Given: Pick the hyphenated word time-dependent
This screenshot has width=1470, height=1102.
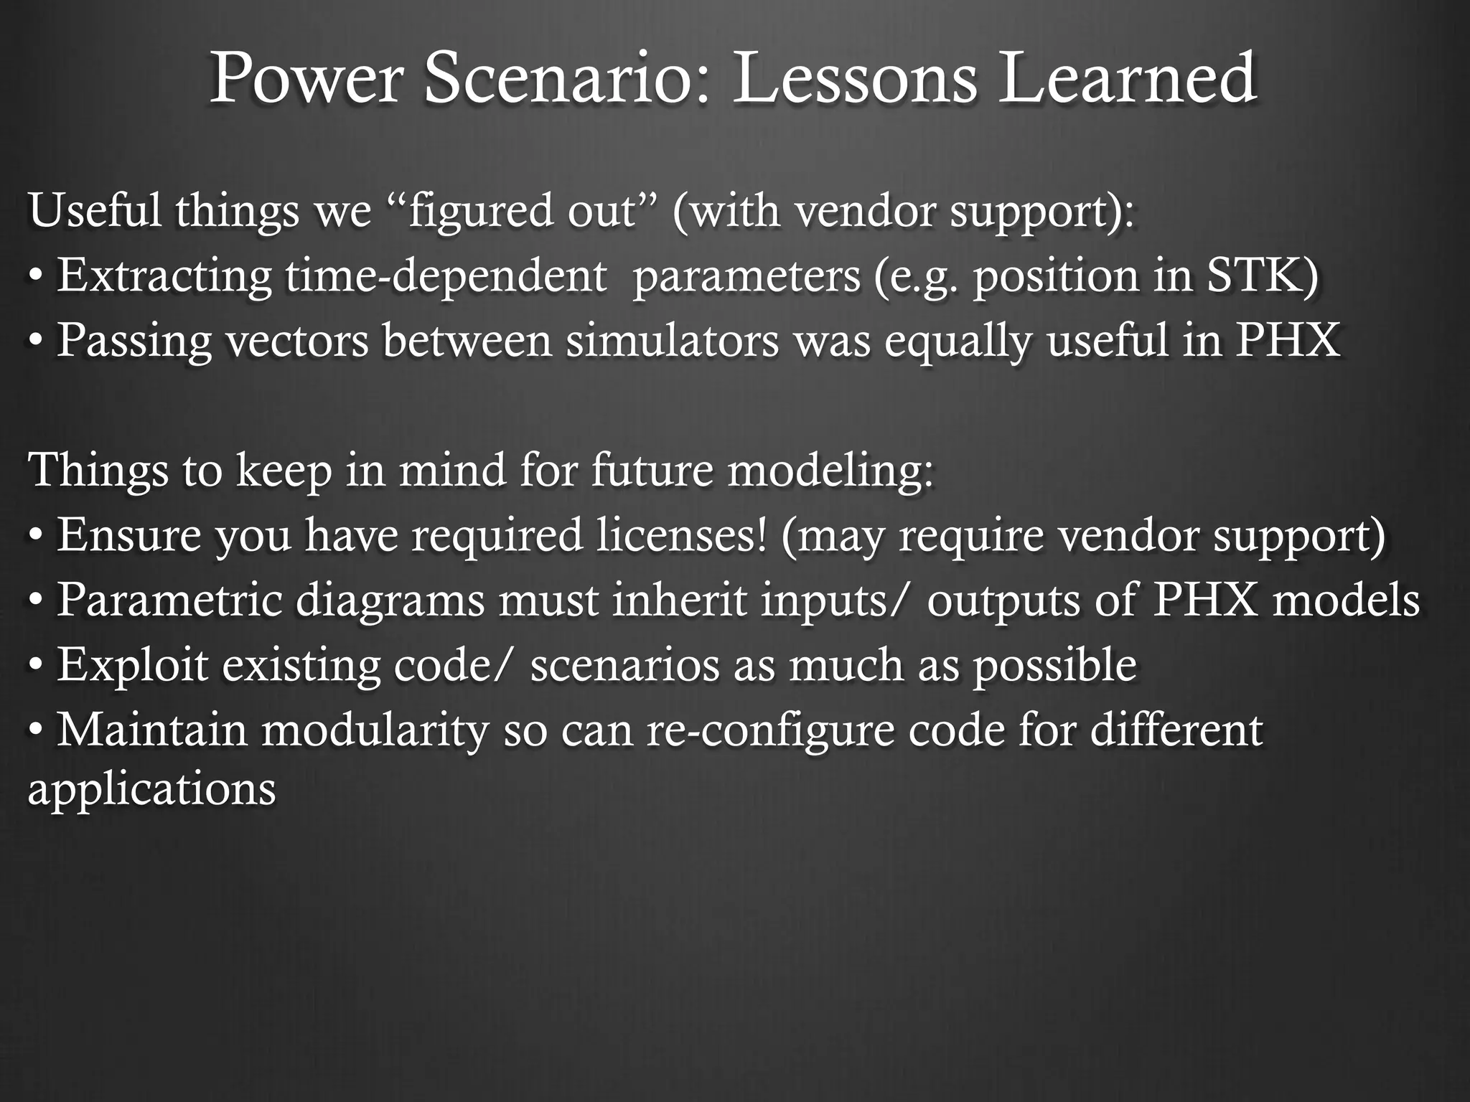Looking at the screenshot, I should coord(446,276).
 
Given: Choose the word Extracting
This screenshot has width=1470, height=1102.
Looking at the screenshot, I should coord(164,276).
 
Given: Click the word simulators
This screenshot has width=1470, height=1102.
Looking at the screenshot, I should coord(672,340).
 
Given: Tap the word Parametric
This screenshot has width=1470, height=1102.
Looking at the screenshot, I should coord(169,600).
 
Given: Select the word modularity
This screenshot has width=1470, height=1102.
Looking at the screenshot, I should coord(374,730).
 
